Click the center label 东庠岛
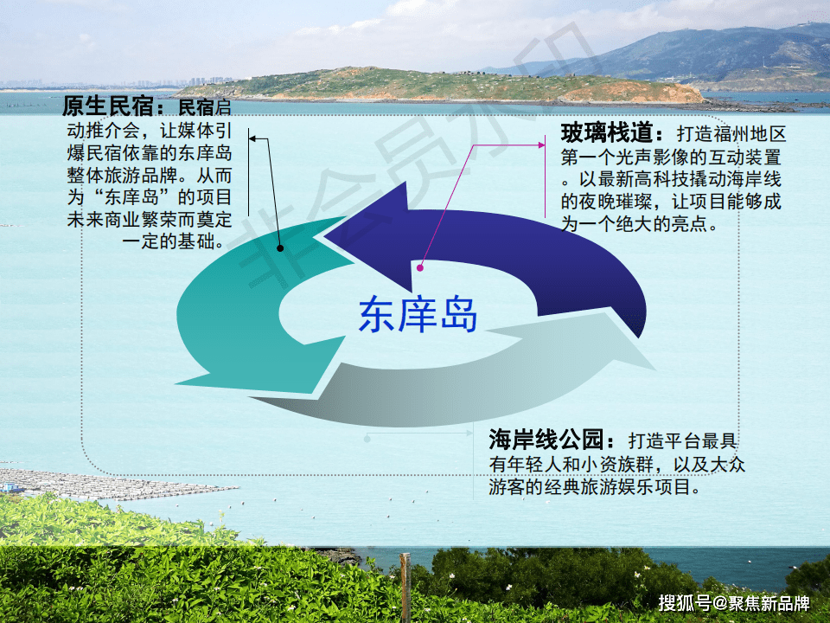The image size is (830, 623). pyautogui.click(x=418, y=315)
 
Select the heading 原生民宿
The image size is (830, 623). pyautogui.click(x=107, y=108)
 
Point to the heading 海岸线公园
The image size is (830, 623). pyautogui.click(x=552, y=440)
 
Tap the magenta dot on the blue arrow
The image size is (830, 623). pyautogui.click(x=420, y=268)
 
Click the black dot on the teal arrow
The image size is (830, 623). pyautogui.click(x=280, y=248)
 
